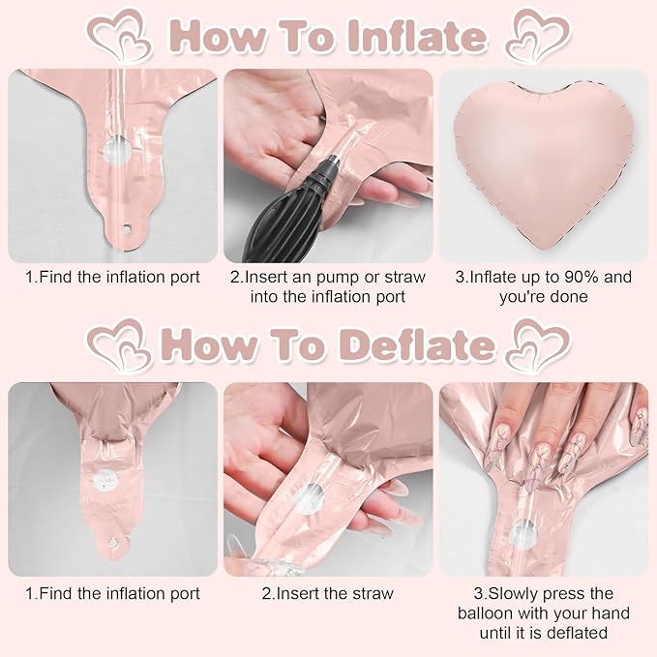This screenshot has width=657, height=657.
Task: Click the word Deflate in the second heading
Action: [413, 345]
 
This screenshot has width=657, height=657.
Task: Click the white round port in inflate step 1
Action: [114, 152]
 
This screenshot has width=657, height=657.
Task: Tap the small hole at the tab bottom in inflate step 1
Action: [124, 230]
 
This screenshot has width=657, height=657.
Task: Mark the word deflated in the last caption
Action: [575, 633]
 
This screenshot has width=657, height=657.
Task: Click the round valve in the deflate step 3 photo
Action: [523, 532]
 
